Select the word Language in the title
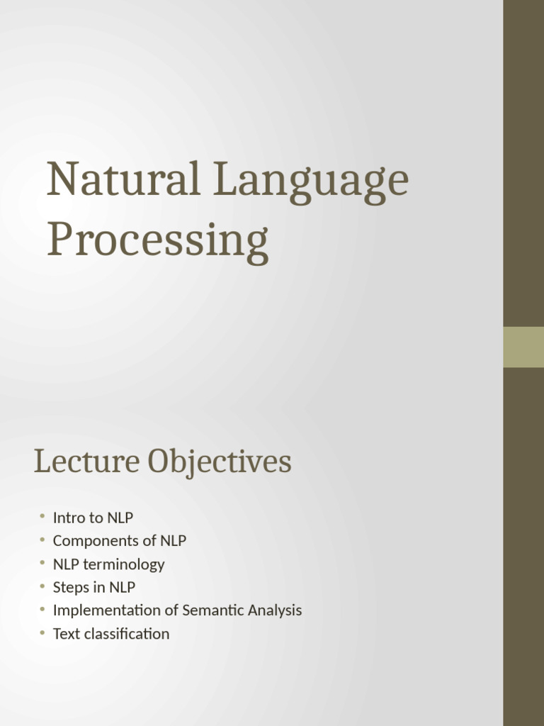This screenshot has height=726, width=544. click(x=312, y=181)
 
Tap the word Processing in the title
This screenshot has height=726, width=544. click(x=157, y=241)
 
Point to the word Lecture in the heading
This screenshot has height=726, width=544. click(x=87, y=462)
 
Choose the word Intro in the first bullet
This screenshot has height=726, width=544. click(x=69, y=518)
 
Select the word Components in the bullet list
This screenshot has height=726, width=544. click(x=95, y=541)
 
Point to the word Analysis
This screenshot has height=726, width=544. click(x=275, y=610)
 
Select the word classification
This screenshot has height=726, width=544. click(x=127, y=634)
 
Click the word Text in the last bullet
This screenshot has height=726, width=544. click(x=67, y=634)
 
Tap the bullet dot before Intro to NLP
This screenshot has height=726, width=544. click(x=42, y=517)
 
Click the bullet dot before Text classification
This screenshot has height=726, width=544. click(x=42, y=633)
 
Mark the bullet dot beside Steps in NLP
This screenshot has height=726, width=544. click(x=42, y=587)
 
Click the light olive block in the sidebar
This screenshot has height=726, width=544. click(x=523, y=347)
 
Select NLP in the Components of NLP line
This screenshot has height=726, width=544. click(x=173, y=541)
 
